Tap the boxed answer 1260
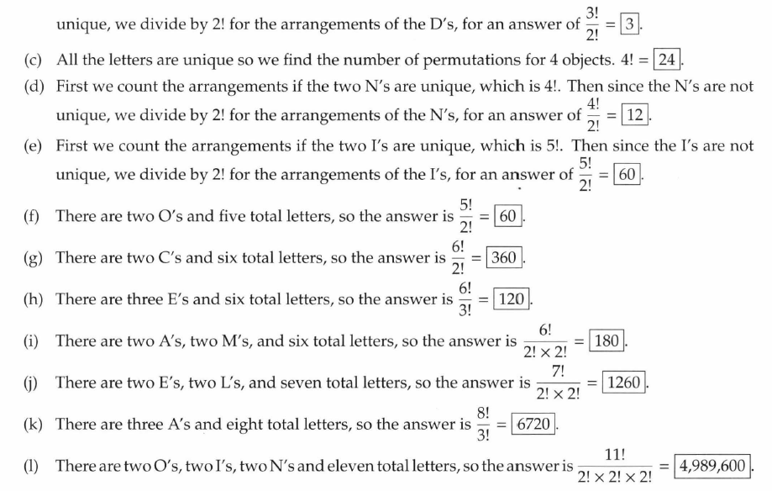coord(622,383)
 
